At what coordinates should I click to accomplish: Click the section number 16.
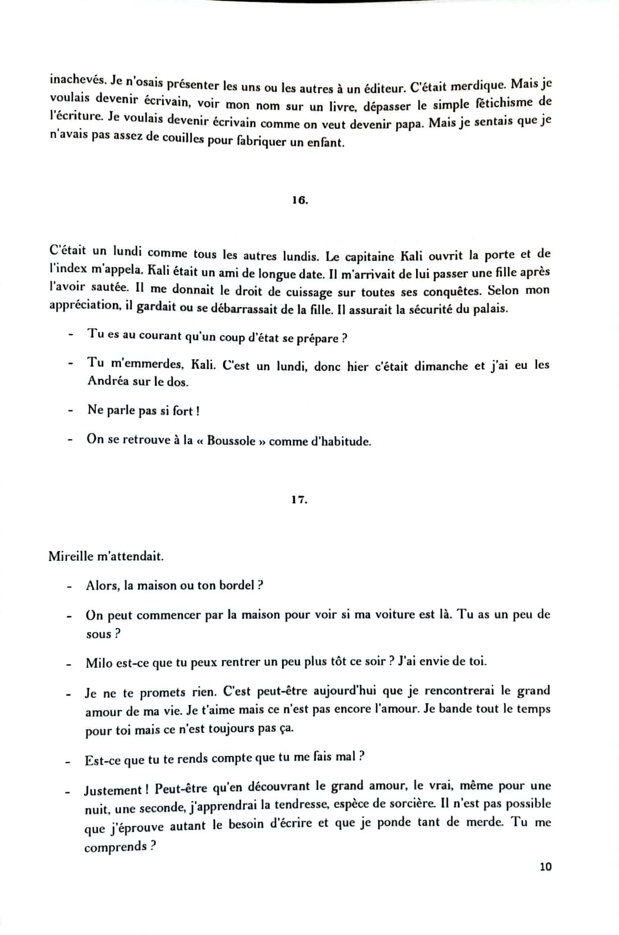[x=300, y=200]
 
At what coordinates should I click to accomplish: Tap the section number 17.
[x=299, y=500]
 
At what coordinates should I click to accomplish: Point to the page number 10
[x=545, y=867]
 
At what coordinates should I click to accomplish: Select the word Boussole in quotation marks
[x=231, y=441]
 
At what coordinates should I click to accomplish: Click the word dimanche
[x=441, y=366]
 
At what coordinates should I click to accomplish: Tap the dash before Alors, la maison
[x=69, y=586]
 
